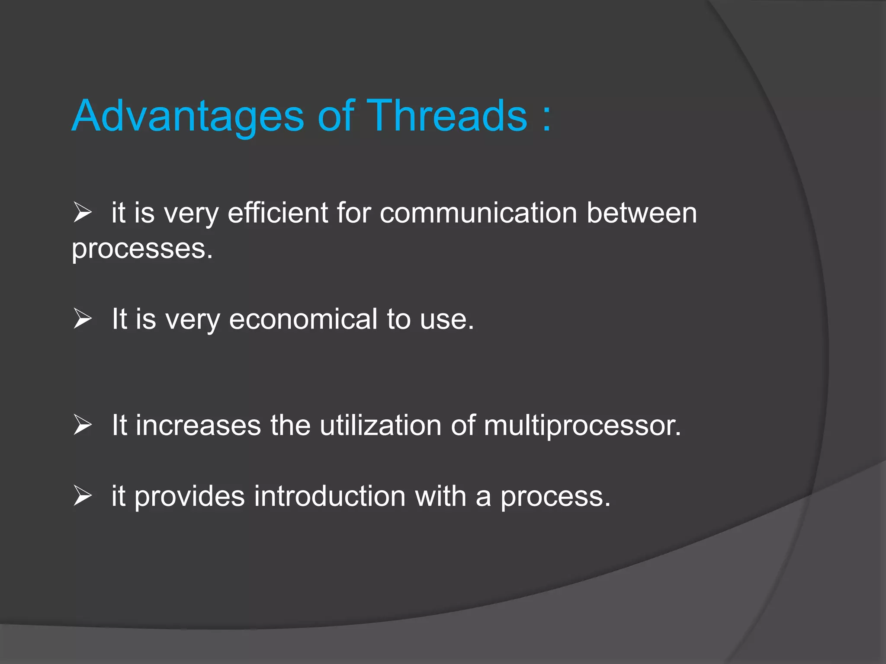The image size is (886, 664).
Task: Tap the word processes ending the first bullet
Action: [142, 250]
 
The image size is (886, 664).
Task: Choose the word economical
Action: [303, 319]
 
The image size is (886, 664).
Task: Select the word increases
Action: [199, 425]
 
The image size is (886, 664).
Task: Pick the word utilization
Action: [380, 425]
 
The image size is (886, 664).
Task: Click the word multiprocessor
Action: [582, 426]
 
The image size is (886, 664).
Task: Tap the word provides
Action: [189, 496]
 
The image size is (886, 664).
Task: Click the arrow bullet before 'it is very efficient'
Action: [82, 213]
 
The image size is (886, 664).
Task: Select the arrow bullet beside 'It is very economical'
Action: [82, 319]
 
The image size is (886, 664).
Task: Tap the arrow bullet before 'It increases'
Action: [82, 425]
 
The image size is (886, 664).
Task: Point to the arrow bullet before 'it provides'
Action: [82, 496]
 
